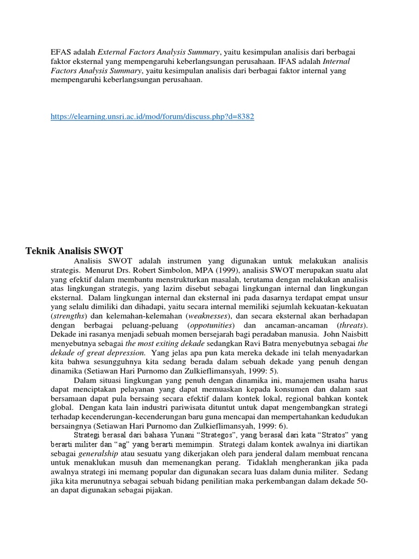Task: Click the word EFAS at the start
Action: click(61, 52)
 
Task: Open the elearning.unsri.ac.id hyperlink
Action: click(152, 116)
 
